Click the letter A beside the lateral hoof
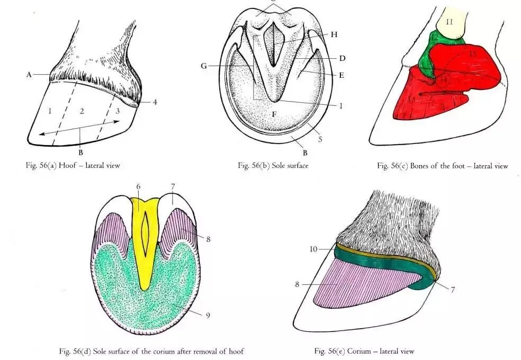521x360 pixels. (x=30, y=75)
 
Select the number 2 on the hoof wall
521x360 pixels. (x=82, y=111)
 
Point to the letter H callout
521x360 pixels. (x=334, y=34)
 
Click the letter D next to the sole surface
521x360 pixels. (x=342, y=57)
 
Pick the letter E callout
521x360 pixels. (x=342, y=75)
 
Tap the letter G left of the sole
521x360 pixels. (x=204, y=66)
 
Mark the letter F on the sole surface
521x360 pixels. (x=274, y=114)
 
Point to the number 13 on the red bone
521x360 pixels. (x=412, y=100)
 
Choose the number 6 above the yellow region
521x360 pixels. (x=137, y=187)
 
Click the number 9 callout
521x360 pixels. (x=208, y=316)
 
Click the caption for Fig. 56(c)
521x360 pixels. (x=442, y=166)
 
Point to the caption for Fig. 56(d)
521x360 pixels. (x=151, y=351)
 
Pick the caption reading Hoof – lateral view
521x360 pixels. (x=75, y=165)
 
